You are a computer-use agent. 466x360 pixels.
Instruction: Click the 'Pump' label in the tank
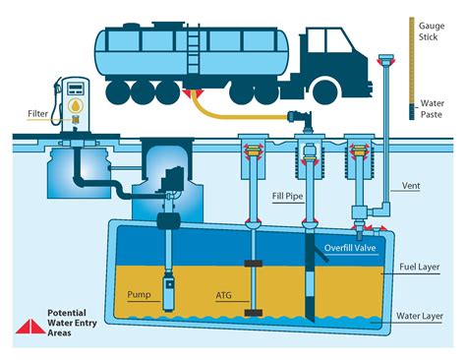141,293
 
